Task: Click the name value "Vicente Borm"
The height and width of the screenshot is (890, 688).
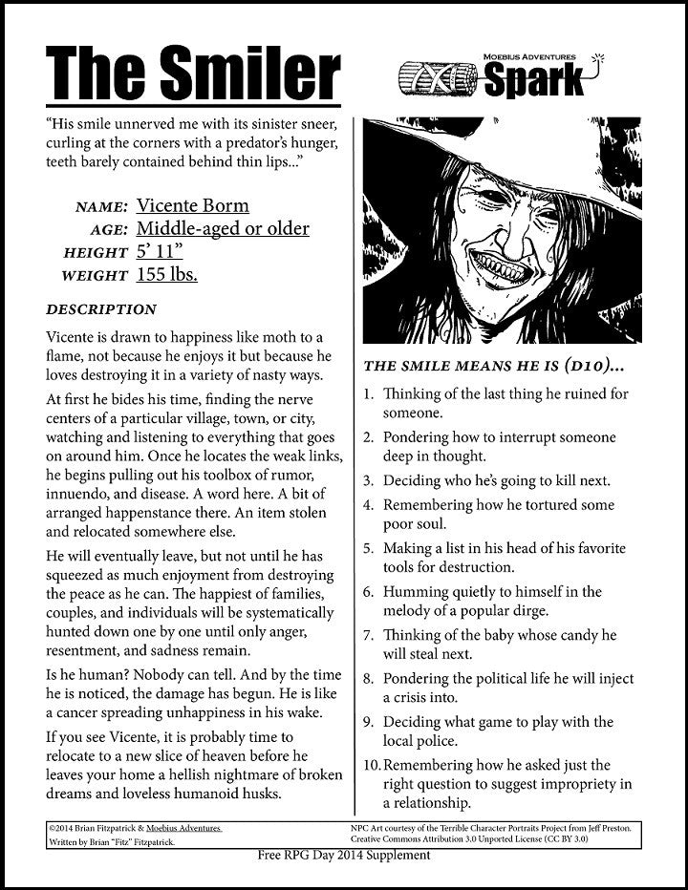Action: coord(192,205)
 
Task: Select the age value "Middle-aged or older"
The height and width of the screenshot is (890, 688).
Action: coord(223,228)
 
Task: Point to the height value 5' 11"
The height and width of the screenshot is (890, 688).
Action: coord(160,251)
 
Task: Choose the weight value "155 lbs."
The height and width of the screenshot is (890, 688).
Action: coord(166,275)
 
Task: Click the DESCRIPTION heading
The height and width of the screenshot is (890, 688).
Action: coord(100,309)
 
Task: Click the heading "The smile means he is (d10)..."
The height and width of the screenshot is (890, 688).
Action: coord(494,365)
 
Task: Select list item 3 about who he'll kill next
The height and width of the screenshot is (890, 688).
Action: coord(496,480)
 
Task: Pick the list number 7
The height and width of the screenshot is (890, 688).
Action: coord(369,635)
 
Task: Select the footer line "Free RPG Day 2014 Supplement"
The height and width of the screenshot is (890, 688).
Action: coord(343,855)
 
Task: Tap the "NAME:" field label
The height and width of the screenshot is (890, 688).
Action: coord(99,207)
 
